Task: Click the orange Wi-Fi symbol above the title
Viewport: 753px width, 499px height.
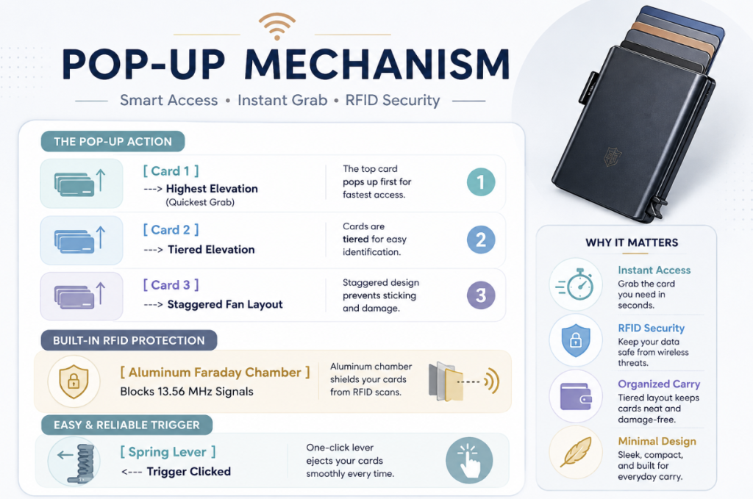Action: click(277, 26)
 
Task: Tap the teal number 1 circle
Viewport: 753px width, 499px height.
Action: click(481, 182)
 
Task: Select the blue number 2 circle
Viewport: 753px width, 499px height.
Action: click(481, 240)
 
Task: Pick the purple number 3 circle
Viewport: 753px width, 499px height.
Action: click(481, 295)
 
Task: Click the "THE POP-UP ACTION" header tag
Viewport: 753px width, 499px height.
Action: click(113, 142)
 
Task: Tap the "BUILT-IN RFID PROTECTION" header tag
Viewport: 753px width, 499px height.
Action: click(129, 340)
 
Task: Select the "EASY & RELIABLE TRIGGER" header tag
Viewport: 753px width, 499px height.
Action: click(126, 425)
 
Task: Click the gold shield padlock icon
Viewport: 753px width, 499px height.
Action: click(74, 381)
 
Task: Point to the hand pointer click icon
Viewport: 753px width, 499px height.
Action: click(469, 461)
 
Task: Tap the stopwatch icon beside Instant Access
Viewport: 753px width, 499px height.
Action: click(576, 284)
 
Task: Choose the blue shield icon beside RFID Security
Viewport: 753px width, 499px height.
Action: click(576, 340)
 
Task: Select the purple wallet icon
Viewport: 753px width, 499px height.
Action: click(576, 396)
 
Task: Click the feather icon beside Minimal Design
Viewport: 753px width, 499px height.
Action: click(576, 452)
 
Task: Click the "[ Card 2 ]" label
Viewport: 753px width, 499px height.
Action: click(171, 230)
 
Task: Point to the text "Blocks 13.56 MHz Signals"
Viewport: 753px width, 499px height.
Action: click(186, 392)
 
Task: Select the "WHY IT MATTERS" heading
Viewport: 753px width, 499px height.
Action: click(632, 243)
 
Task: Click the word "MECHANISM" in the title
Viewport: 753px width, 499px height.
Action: click(377, 64)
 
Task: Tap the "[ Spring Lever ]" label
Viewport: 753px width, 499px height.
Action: click(168, 452)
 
